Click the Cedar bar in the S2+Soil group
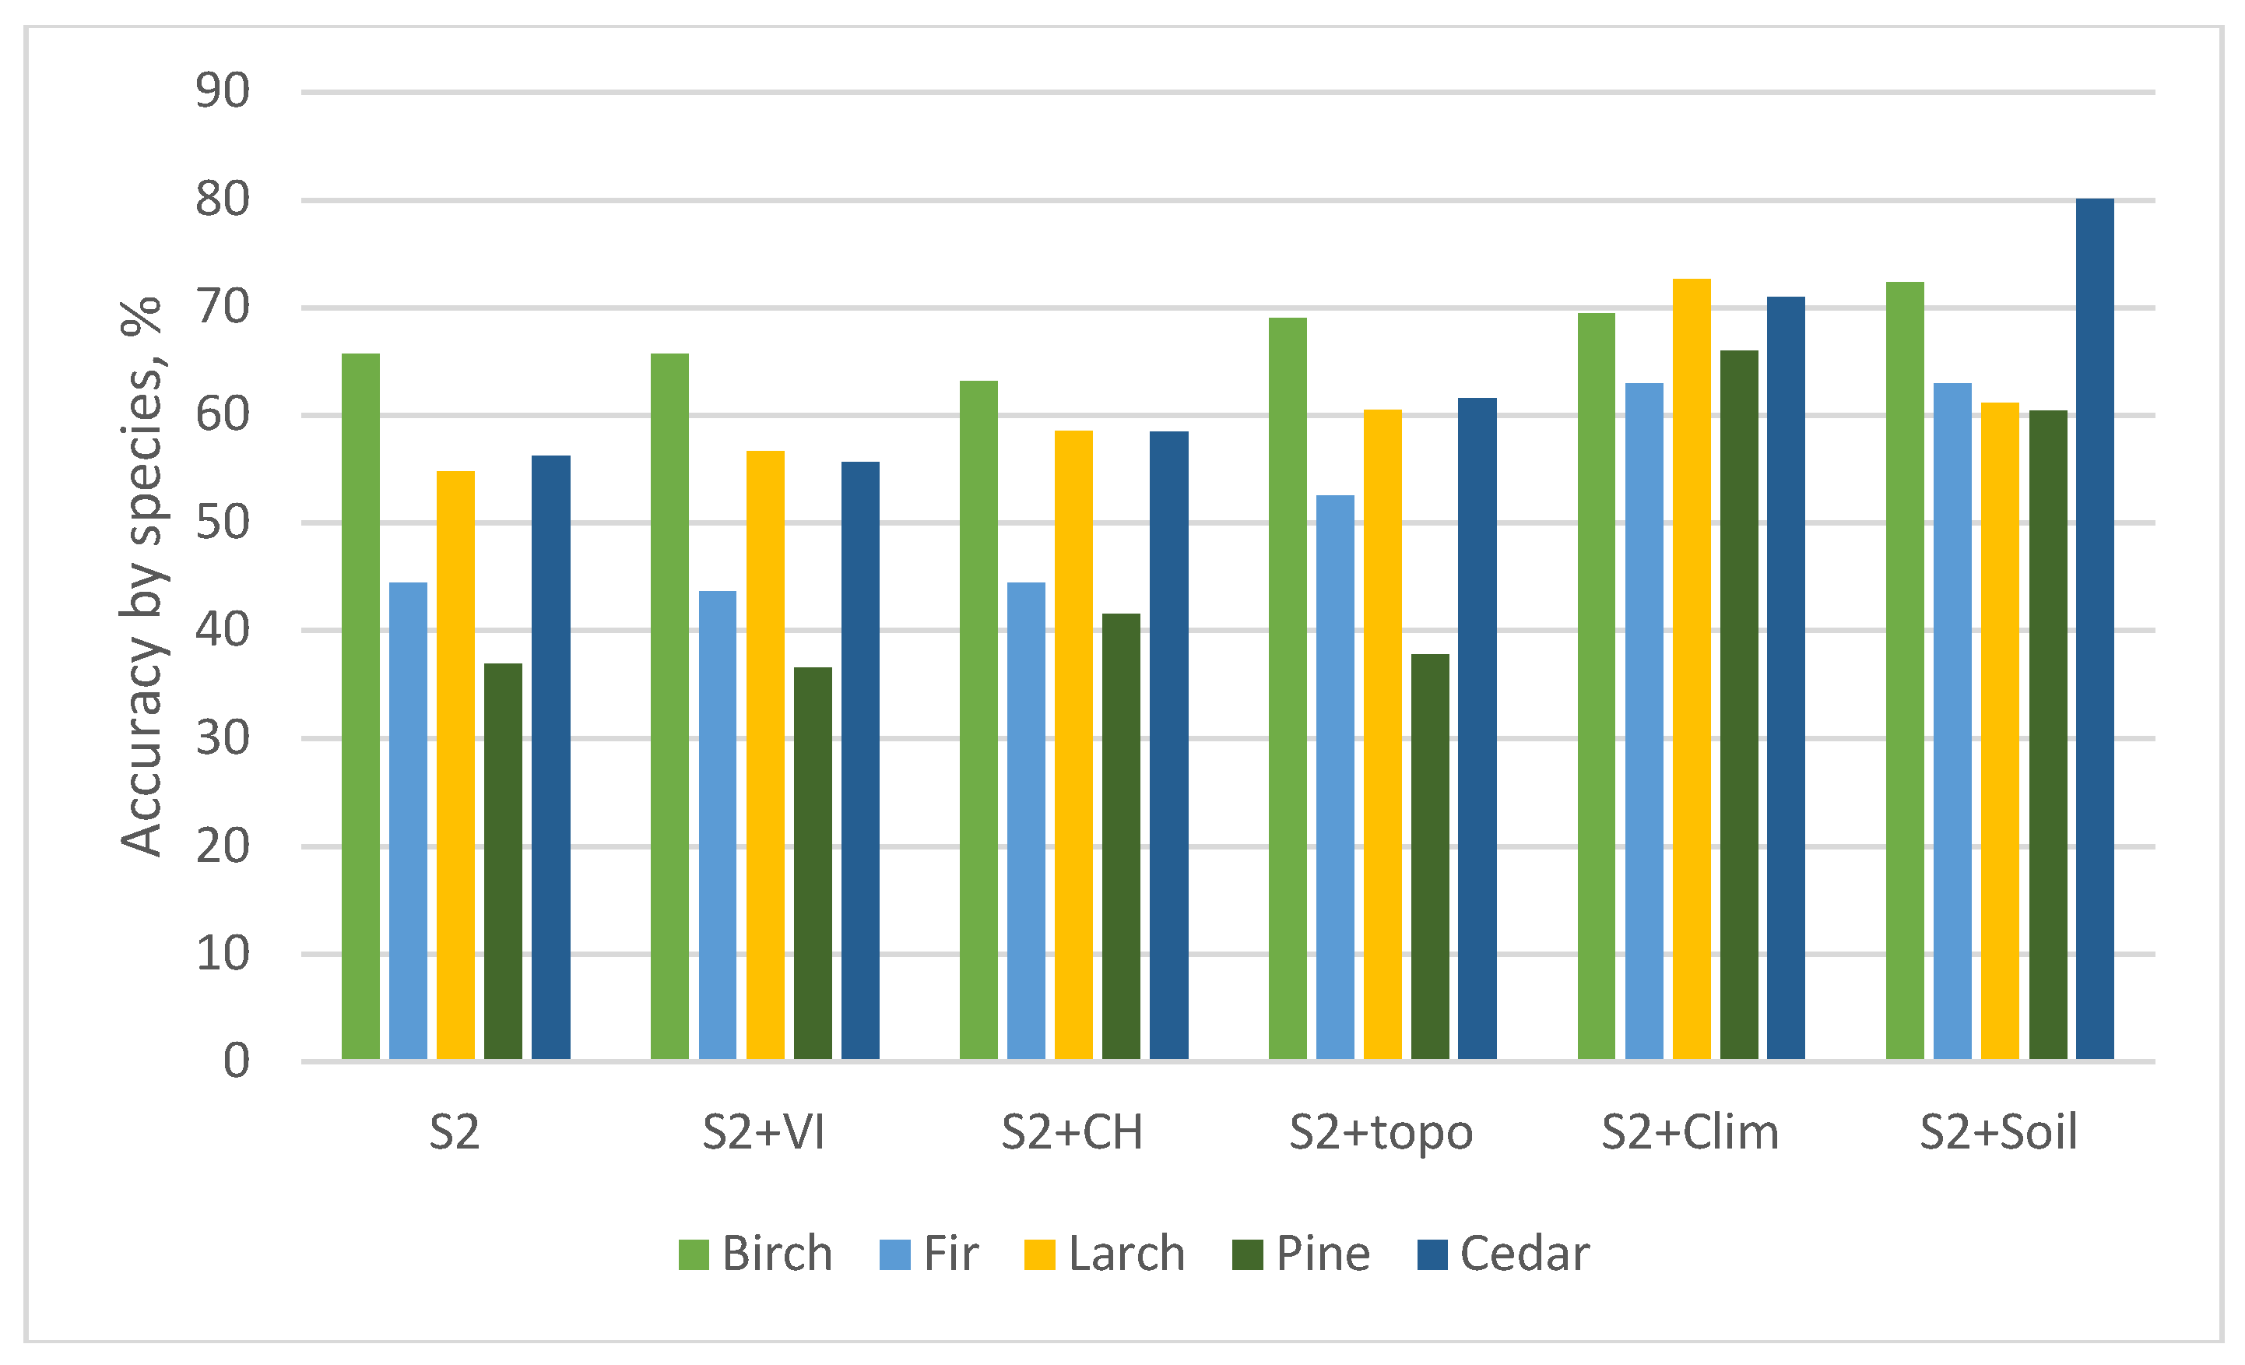click(2095, 628)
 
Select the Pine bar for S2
click(503, 861)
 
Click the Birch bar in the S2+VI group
click(669, 706)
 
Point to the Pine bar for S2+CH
click(1121, 836)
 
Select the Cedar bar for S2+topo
click(1477, 729)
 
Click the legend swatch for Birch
click(694, 1254)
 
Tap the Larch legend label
click(1126, 1254)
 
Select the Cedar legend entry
click(1524, 1254)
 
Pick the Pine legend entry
click(1323, 1254)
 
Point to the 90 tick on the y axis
click(223, 91)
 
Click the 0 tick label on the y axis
click(236, 1061)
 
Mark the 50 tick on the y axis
click(223, 523)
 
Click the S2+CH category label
click(1071, 1133)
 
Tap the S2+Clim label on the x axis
click(1690, 1133)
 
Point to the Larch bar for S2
click(455, 765)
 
